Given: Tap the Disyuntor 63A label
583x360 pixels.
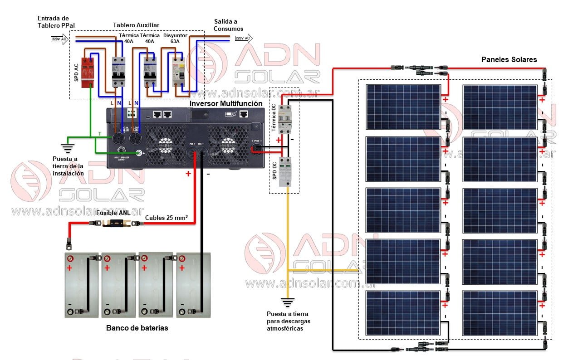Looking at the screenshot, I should point(171,39).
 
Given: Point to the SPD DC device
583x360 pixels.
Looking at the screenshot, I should point(285,172).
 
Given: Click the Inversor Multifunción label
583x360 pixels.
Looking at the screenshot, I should point(225,103).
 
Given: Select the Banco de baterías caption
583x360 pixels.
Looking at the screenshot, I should point(137,328).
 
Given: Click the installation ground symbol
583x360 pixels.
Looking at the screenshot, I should point(68,147).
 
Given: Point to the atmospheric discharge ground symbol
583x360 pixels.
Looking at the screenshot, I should point(287,301).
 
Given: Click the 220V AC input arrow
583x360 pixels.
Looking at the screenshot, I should point(59,39).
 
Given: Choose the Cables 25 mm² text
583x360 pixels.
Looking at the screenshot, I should point(166,218).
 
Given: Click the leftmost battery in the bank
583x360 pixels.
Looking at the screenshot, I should point(82,285).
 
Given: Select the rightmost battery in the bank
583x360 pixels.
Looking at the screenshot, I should point(193,285).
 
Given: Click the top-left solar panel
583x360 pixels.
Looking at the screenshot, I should point(403,107).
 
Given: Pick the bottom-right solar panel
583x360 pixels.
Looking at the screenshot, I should point(500,313).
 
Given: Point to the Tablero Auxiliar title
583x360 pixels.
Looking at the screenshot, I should point(136,25).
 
